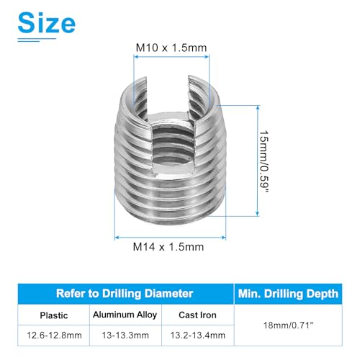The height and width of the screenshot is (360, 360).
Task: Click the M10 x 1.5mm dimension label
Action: click(x=171, y=48)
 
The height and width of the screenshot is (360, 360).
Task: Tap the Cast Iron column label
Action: click(x=197, y=314)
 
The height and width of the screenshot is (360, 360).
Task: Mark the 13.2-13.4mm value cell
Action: click(x=197, y=335)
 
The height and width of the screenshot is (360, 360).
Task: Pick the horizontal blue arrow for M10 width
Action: click(x=171, y=60)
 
